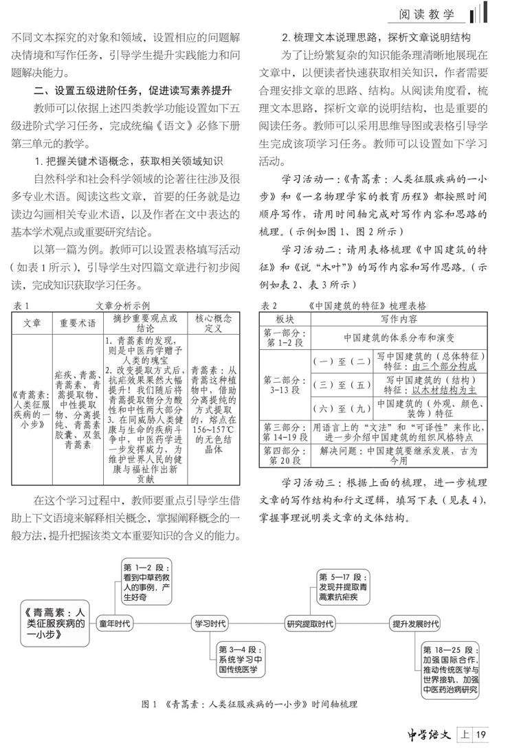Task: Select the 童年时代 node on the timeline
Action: tap(114, 623)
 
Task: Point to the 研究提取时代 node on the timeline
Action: tap(310, 623)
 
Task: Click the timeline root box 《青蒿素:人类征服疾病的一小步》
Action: tap(56, 623)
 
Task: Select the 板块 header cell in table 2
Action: tap(285, 319)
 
